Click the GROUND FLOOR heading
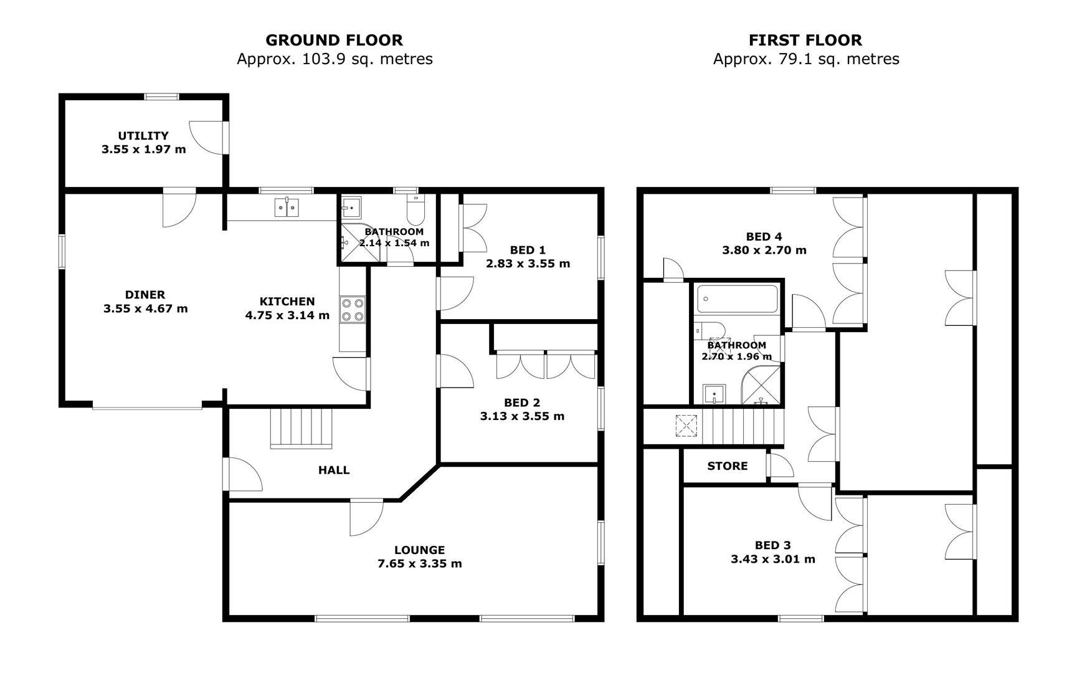pyautogui.click(x=334, y=40)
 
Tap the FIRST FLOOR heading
pyautogui.click(x=805, y=40)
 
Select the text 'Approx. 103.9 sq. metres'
pyautogui.click(x=334, y=59)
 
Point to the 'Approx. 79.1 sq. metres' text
pyautogui.click(x=806, y=59)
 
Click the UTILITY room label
pyautogui.click(x=143, y=135)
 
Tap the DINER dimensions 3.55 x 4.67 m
pyautogui.click(x=146, y=308)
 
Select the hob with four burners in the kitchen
pyautogui.click(x=352, y=309)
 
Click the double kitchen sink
pyautogui.click(x=287, y=207)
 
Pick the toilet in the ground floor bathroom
pyautogui.click(x=415, y=209)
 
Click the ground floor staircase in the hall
pyautogui.click(x=301, y=428)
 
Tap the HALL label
pyautogui.click(x=334, y=470)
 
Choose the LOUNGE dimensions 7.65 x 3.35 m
pyautogui.click(x=420, y=564)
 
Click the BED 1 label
pyautogui.click(x=528, y=250)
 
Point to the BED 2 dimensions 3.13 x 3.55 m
pyautogui.click(x=522, y=416)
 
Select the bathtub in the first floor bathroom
pyautogui.click(x=738, y=299)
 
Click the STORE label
pyautogui.click(x=728, y=466)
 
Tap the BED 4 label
pyautogui.click(x=764, y=237)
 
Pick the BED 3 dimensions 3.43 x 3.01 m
pyautogui.click(x=773, y=559)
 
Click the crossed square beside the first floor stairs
pyautogui.click(x=686, y=427)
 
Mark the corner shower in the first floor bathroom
pyautogui.click(x=761, y=386)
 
